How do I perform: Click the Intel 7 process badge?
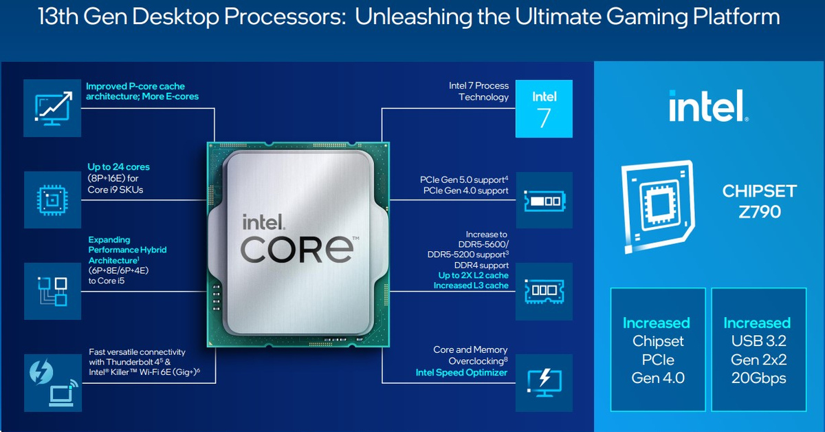(x=544, y=108)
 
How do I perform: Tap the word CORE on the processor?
(x=297, y=248)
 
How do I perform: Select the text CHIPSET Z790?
(x=759, y=201)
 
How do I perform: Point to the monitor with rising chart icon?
(x=52, y=107)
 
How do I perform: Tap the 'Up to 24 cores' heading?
(x=118, y=167)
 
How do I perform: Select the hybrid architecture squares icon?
(x=52, y=290)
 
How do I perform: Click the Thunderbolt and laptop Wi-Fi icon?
(x=52, y=382)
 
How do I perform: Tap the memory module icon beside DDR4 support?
(x=544, y=290)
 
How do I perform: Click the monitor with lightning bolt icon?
(x=544, y=380)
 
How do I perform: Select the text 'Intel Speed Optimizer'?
(x=461, y=373)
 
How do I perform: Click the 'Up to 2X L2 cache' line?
(x=474, y=275)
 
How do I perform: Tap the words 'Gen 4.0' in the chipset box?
(x=657, y=378)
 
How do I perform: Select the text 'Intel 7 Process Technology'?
(x=479, y=91)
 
